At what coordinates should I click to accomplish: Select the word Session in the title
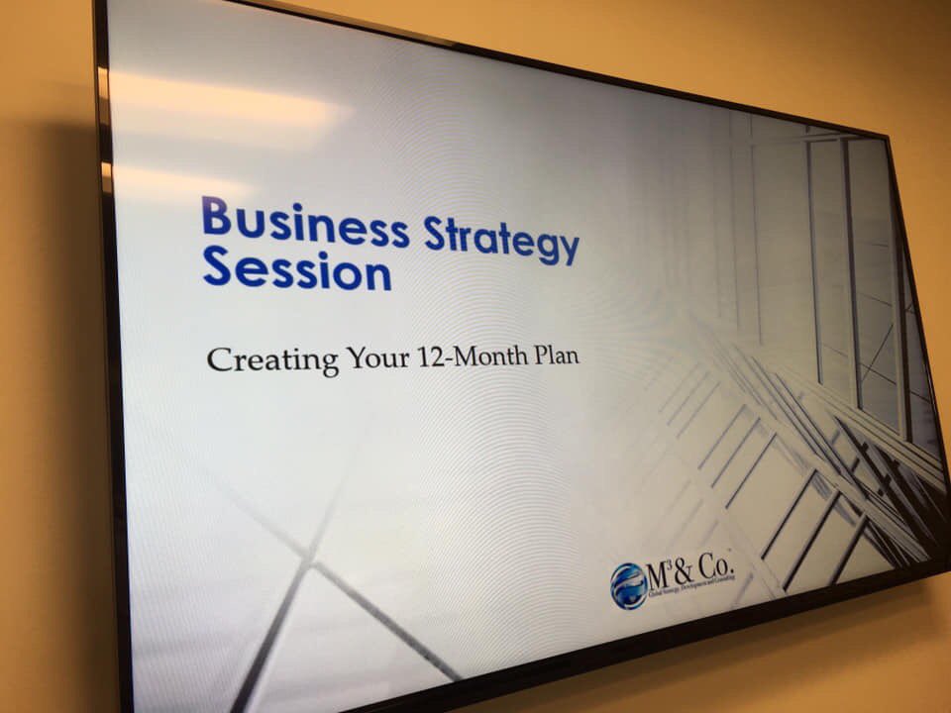(296, 268)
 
